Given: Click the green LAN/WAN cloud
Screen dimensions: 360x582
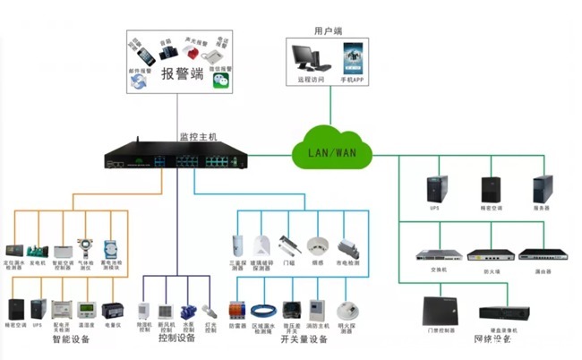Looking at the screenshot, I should pyautogui.click(x=331, y=151).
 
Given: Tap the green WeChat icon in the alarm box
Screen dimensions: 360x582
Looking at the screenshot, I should pyautogui.click(x=220, y=81).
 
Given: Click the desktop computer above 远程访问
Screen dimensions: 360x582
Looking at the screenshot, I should pyautogui.click(x=310, y=59).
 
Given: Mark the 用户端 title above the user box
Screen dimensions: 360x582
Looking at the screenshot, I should pyautogui.click(x=328, y=30).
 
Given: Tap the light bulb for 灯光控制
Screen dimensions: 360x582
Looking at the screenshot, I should pyautogui.click(x=211, y=310).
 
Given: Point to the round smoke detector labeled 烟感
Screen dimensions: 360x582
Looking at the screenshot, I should pyautogui.click(x=316, y=247).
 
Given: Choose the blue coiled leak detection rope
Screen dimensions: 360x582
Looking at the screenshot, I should pyautogui.click(x=261, y=311).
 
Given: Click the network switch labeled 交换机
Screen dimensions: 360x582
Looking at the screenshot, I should pyautogui.click(x=437, y=254).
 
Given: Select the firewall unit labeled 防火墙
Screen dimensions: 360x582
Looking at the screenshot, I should pyautogui.click(x=489, y=254).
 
